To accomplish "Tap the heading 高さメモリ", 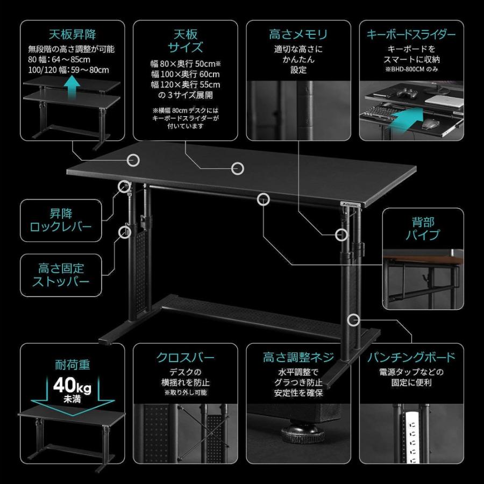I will point(297,35).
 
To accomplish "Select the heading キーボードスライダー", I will point(411,35).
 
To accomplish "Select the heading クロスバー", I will point(185,358).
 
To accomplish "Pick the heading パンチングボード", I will point(411,358).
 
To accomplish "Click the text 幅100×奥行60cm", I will point(185,74).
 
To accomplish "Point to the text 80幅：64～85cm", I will point(59,60).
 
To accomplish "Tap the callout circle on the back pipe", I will point(264,198).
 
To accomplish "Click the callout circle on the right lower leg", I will point(353,320).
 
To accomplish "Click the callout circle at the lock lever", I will point(124,186).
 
